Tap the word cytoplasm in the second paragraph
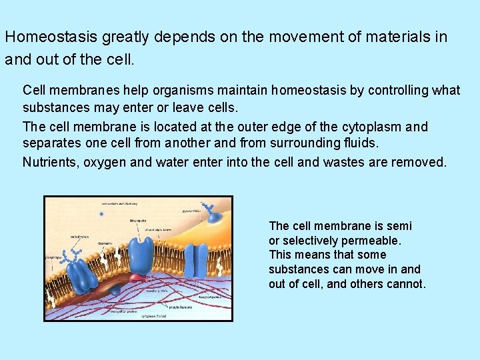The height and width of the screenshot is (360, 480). click(x=374, y=127)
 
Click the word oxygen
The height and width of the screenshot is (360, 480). click(x=105, y=163)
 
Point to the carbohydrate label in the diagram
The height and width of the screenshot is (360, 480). click(x=79, y=236)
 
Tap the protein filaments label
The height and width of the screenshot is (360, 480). click(x=181, y=307)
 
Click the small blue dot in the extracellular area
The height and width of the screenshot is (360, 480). click(x=101, y=215)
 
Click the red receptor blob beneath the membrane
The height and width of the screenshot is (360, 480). click(x=137, y=277)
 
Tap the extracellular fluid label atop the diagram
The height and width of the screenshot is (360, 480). click(x=119, y=203)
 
